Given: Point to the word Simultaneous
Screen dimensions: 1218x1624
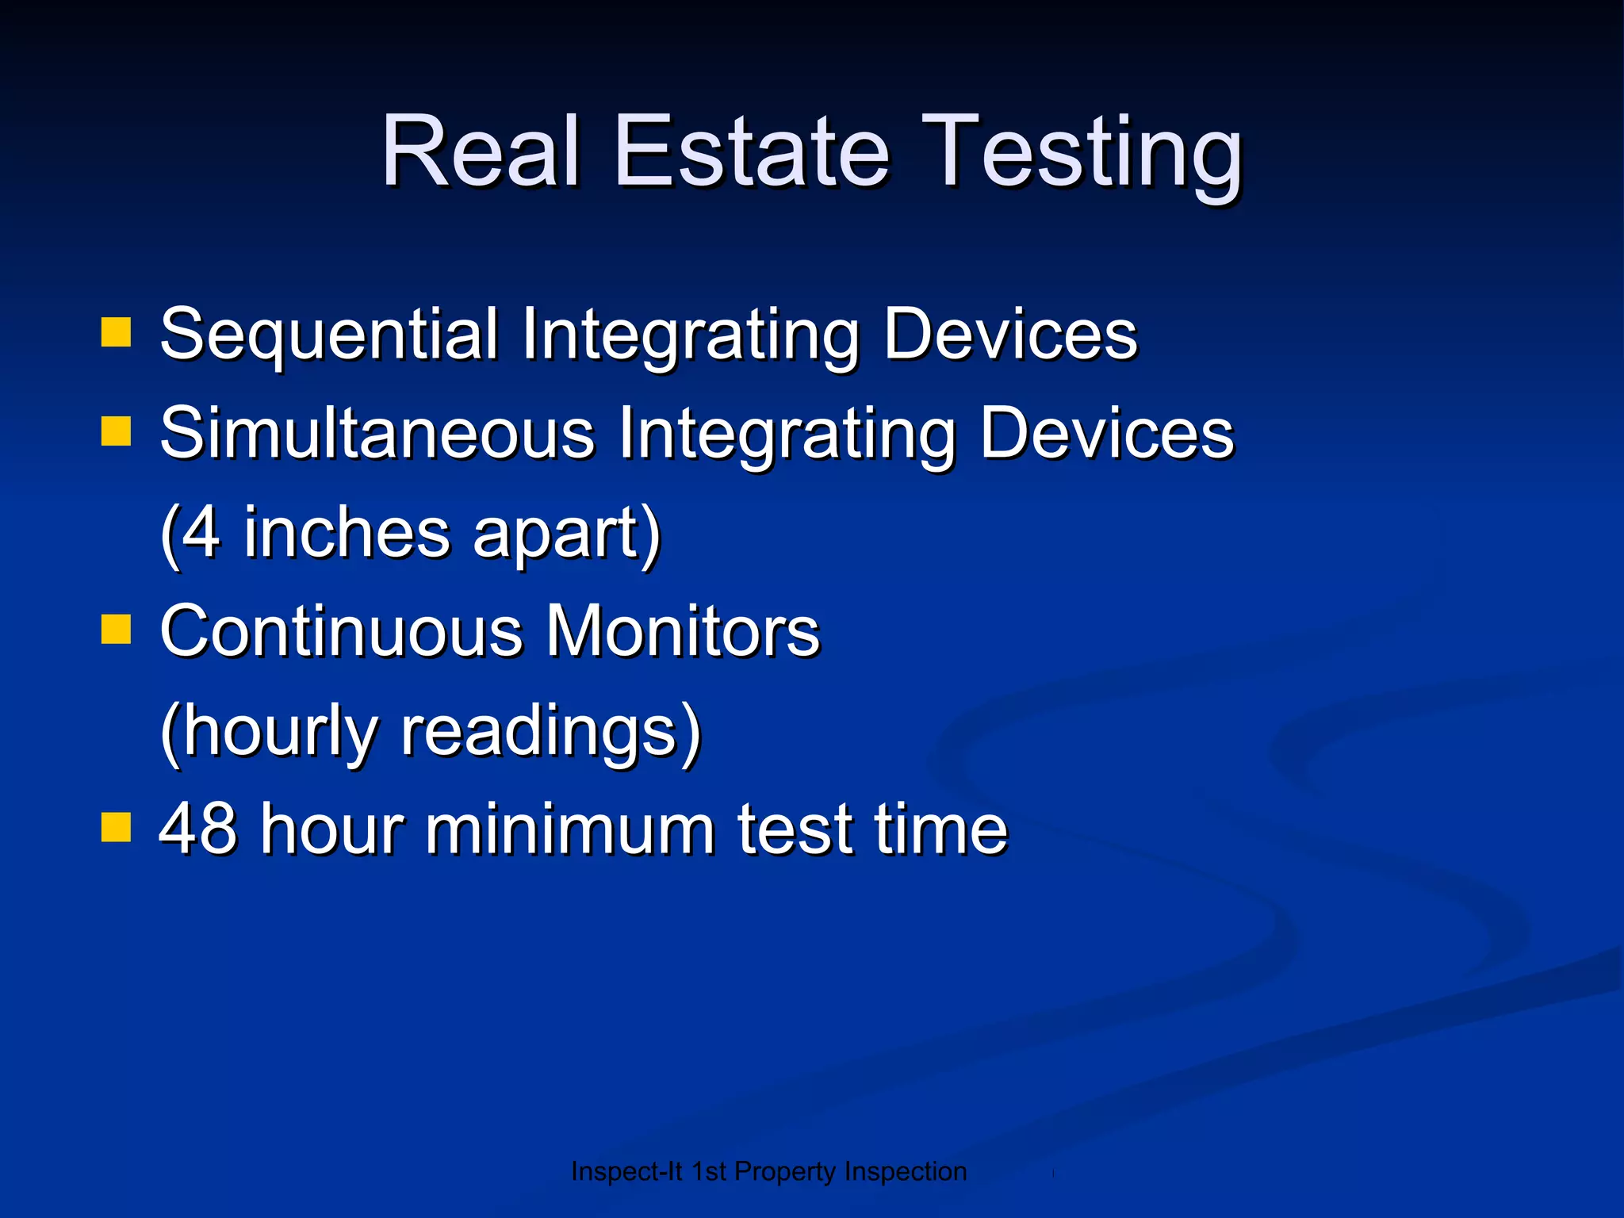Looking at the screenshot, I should pyautogui.click(x=377, y=434).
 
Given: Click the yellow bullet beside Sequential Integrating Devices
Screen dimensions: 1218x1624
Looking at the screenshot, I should pyautogui.click(x=116, y=333).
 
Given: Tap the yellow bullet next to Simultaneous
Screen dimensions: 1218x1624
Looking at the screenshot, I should pyautogui.click(x=116, y=432).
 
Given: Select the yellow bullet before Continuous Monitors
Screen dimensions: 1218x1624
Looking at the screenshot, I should pyautogui.click(x=116, y=630).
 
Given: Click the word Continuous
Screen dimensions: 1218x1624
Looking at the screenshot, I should pyautogui.click(x=341, y=631).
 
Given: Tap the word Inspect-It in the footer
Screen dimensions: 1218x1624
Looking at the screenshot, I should pyautogui.click(x=626, y=1171).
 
